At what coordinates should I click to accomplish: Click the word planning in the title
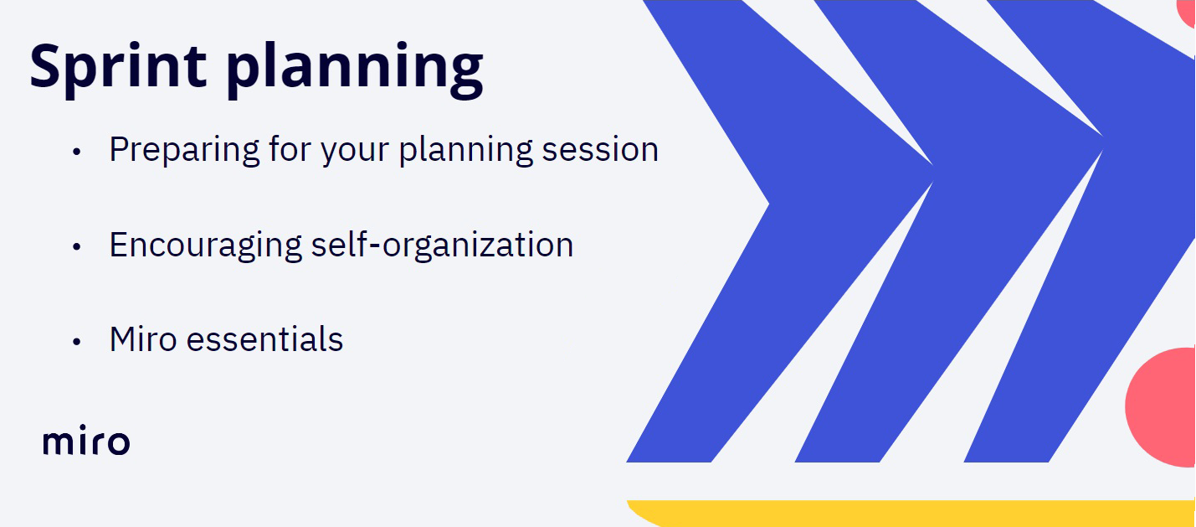pos(355,70)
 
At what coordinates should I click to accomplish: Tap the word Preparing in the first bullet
pos(185,150)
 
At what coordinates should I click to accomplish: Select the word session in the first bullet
pos(600,149)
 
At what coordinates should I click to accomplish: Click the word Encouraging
pos(206,245)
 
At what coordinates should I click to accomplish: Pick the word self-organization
pos(442,245)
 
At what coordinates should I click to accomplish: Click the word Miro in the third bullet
pos(143,338)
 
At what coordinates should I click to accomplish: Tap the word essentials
pos(264,338)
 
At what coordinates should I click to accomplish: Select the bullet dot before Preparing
pos(76,152)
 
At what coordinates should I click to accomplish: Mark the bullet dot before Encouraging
pos(76,246)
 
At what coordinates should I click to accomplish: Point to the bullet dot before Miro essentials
pos(76,341)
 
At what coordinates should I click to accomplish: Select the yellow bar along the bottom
pos(911,512)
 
